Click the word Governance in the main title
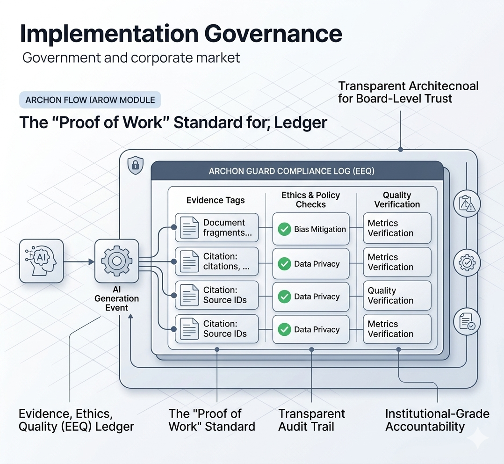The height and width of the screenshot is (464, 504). click(273, 34)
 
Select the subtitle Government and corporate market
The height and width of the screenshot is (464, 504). click(131, 58)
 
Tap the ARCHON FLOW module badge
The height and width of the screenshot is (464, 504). click(90, 100)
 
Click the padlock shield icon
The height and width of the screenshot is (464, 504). click(135, 165)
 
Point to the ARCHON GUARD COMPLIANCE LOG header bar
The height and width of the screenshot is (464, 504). click(297, 171)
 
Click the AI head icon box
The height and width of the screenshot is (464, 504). click(42, 261)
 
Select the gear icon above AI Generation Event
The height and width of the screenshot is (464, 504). click(117, 261)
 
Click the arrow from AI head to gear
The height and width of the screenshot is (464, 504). click(79, 262)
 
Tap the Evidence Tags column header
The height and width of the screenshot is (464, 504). click(216, 200)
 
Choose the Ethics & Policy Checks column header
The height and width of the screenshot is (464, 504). click(310, 200)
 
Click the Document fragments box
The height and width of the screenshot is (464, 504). click(216, 227)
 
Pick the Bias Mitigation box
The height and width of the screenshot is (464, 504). click(311, 229)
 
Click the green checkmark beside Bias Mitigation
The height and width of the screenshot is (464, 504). click(284, 229)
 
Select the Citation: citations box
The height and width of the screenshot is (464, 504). click(216, 261)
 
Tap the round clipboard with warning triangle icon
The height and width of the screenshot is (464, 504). click(467, 204)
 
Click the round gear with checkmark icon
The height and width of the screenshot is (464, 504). click(467, 263)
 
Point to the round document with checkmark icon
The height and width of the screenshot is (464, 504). click(467, 322)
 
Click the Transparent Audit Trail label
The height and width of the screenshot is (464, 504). click(311, 420)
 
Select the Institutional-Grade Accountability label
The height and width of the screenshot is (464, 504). click(437, 420)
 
